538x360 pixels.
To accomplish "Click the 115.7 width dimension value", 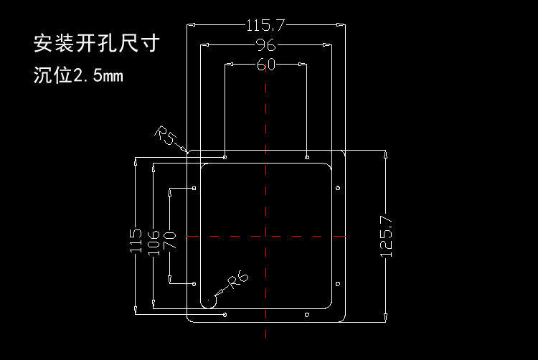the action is click(x=265, y=25).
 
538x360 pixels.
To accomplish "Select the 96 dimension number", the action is click(x=266, y=45).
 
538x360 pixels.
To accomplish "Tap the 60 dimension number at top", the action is click(x=266, y=65).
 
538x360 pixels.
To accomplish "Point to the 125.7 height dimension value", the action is click(x=386, y=236).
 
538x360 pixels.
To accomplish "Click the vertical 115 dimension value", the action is click(x=136, y=241).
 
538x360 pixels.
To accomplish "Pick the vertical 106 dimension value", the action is click(x=154, y=243).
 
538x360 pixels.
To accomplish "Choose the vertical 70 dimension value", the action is click(x=169, y=240).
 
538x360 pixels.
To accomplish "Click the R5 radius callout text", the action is click(x=166, y=135).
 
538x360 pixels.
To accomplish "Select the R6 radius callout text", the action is click(x=238, y=280).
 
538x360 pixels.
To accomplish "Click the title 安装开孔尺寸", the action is click(x=97, y=43).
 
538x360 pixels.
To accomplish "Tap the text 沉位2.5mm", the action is click(x=78, y=75).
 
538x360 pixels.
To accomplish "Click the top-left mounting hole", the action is click(x=225, y=157).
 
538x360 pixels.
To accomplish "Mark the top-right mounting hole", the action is click(x=307, y=157).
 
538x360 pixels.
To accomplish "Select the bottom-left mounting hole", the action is click(x=225, y=315).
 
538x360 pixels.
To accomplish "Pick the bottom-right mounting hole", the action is click(x=307, y=315).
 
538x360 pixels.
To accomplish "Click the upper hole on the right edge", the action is click(x=338, y=188).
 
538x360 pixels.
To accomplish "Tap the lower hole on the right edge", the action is click(x=338, y=284).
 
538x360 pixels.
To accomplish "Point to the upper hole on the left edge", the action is click(x=194, y=188).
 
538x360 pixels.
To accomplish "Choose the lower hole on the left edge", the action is click(x=194, y=284).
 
